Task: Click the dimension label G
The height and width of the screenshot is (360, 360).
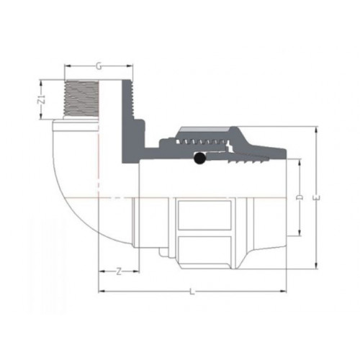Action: (99, 66)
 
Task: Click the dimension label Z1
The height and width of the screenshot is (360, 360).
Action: (42, 99)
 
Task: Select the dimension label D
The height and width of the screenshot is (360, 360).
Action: (300, 197)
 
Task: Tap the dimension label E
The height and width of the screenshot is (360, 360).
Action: (317, 198)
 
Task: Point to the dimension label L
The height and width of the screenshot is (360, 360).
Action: (192, 292)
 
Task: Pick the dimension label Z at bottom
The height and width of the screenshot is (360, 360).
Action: (119, 271)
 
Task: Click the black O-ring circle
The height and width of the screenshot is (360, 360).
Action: (199, 158)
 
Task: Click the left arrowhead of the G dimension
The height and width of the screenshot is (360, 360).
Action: (68, 66)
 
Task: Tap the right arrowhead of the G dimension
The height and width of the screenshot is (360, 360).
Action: (130, 66)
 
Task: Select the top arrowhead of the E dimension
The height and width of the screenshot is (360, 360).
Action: (317, 130)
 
